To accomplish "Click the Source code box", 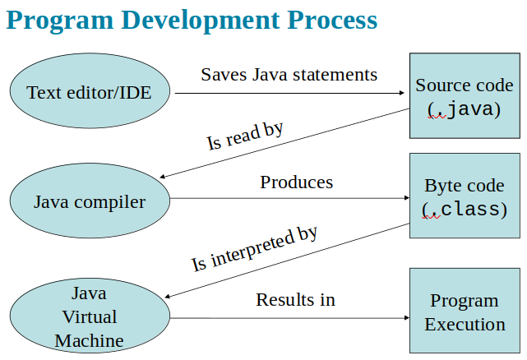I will tap(465, 95).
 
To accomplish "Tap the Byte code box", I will tap(465, 196).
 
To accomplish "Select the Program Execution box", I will tap(465, 312).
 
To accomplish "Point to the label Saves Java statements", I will tap(289, 75).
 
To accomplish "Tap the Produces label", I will tap(297, 182).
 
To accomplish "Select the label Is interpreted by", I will tap(254, 249).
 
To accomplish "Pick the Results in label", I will tap(295, 300).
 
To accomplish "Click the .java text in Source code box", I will tap(465, 108).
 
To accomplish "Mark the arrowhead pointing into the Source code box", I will tap(404, 93).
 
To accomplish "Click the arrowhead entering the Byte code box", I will tap(404, 198).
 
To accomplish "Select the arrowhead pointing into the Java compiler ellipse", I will tap(164, 178).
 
